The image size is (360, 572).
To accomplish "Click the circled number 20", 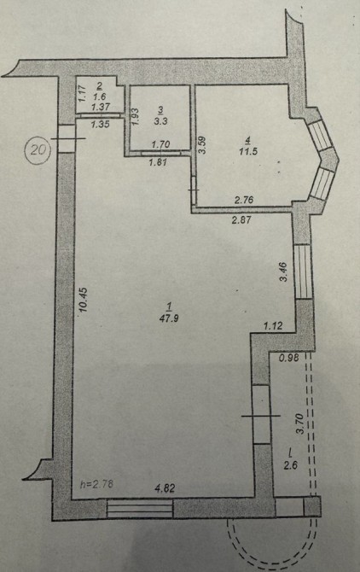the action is tap(38, 149).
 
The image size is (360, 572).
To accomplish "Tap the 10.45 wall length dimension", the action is tap(83, 300).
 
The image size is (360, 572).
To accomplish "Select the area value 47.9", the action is tap(169, 318).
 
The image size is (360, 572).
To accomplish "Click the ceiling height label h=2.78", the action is tap(97, 484).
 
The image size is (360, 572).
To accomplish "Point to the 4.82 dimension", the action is tap(165, 488).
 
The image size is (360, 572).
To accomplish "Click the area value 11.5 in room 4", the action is tap(248, 151).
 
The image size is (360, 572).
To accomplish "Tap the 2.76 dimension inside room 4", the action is tap(244, 200).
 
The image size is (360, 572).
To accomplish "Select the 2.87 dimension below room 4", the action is tap(241, 219).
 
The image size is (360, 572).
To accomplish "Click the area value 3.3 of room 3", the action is tap(160, 121).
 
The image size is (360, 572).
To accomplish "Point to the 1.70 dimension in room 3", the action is tap(160, 144).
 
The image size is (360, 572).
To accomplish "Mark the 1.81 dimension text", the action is tap(158, 162).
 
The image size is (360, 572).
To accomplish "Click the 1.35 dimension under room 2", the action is tap(100, 124).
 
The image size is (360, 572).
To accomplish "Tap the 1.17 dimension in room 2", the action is tap(82, 93).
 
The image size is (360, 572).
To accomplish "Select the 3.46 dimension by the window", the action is tap(283, 271).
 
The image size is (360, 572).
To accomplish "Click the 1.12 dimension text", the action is tap(273, 325).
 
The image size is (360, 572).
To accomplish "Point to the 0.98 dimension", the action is tap(289, 359).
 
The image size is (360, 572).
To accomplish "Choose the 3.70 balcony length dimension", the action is tap(300, 423).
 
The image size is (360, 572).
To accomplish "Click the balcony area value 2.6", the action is tap(291, 465).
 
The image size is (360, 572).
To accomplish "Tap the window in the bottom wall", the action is tap(140, 509).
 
